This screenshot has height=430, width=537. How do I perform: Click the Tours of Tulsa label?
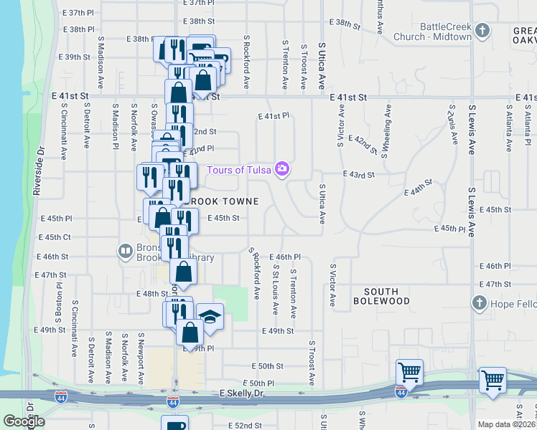coord(240,169)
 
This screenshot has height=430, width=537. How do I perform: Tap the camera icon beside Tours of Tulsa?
coord(283,169)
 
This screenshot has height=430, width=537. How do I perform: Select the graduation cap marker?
coord(210,315)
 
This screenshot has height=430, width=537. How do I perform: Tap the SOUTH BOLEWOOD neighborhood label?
coord(386,296)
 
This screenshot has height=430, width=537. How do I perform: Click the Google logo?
coord(24,421)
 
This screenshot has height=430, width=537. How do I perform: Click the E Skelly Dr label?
coord(242,394)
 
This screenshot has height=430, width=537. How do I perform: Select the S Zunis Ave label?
coord(451,123)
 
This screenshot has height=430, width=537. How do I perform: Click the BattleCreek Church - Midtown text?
coord(446,32)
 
